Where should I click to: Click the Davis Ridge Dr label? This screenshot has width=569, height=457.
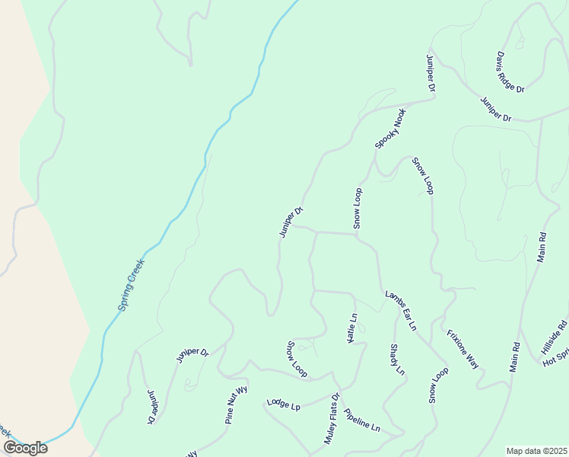511,72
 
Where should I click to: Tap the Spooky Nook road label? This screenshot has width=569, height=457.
391,128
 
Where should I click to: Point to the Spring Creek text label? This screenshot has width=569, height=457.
131,285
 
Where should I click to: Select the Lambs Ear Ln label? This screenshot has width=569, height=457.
401,310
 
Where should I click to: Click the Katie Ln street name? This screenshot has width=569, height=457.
352,328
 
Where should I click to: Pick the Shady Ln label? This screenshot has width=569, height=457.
396,360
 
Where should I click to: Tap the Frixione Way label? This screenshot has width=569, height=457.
463,349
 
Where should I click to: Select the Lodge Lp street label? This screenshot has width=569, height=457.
284,404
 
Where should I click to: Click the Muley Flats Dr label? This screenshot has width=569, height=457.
329,419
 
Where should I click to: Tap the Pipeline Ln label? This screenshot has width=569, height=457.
361,420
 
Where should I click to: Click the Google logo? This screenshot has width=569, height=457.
25,448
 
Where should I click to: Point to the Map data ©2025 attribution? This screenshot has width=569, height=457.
537,451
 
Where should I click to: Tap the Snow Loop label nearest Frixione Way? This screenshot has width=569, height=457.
438,385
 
